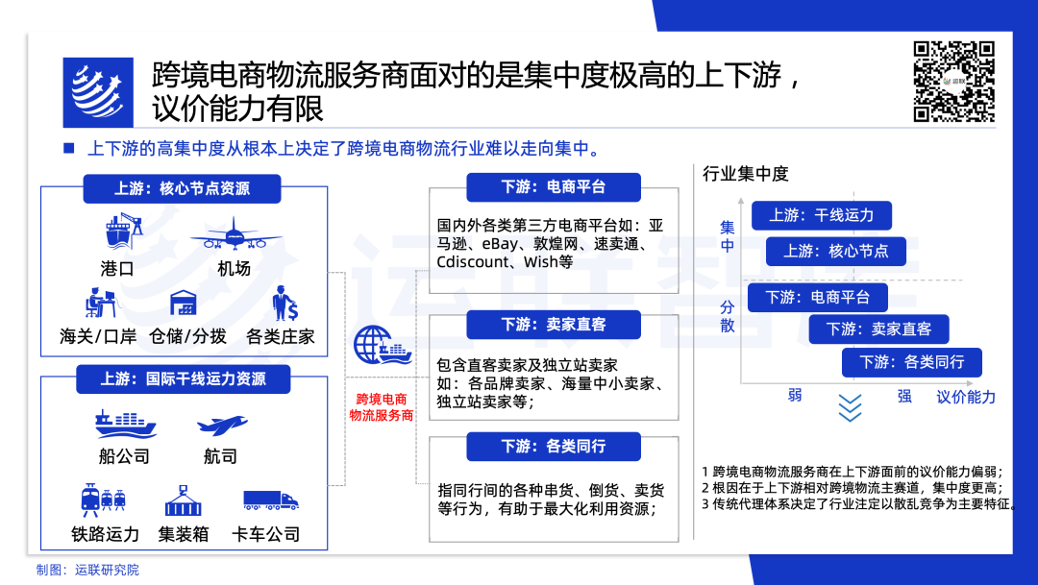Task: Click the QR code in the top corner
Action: pos(953,82)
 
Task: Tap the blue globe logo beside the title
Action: pos(98,92)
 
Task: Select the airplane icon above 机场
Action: pos(235,233)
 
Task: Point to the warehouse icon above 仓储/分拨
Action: pos(183,304)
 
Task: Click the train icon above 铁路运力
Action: pos(104,500)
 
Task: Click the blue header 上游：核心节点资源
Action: pos(182,188)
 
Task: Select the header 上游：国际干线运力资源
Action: pos(183,378)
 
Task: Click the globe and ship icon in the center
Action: pos(382,348)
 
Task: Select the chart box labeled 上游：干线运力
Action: pos(822,215)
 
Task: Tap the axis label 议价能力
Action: pos(966,397)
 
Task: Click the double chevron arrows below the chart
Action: pos(850,407)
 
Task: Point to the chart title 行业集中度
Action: pos(746,174)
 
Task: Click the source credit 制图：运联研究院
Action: pos(88,570)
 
